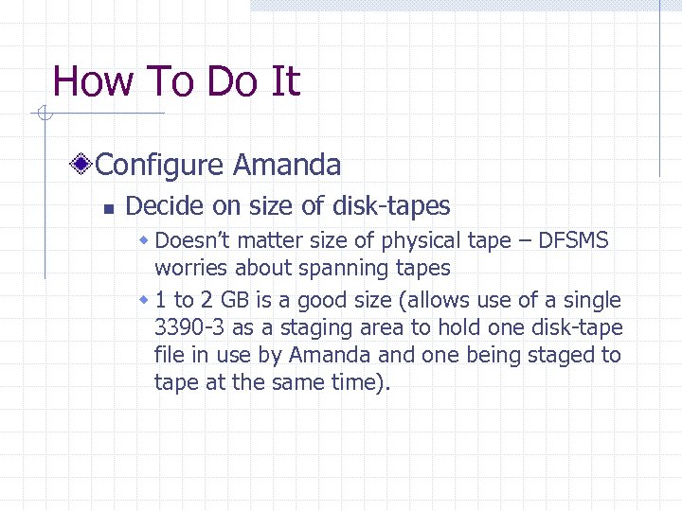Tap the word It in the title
click(x=284, y=81)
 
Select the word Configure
click(x=160, y=166)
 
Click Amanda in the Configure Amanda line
click(x=287, y=166)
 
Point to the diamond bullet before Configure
click(x=84, y=166)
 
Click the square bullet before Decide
click(x=108, y=207)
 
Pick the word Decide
click(x=162, y=205)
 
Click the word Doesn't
click(x=193, y=240)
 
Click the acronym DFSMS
click(x=573, y=240)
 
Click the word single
click(x=590, y=301)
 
